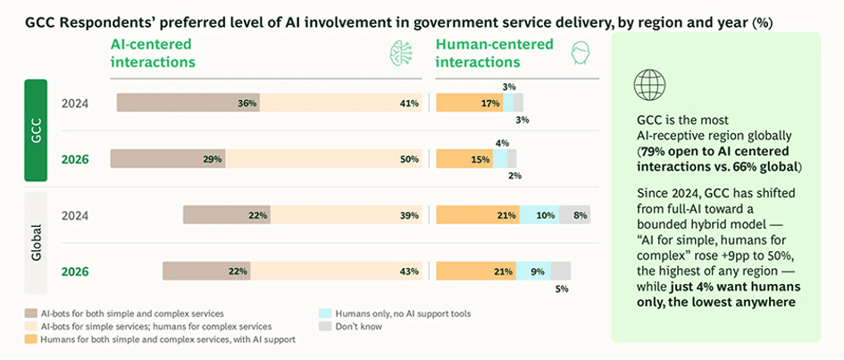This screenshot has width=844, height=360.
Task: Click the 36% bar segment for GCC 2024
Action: click(x=188, y=103)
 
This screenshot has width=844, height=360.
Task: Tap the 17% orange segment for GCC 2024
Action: click(x=470, y=103)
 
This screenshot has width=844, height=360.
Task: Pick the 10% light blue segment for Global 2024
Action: click(x=539, y=214)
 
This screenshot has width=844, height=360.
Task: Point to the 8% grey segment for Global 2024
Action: click(x=575, y=214)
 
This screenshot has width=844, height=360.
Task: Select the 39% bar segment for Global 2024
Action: click(x=346, y=214)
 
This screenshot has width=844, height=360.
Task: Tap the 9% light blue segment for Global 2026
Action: click(x=533, y=272)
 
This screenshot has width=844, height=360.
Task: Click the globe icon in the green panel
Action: click(x=649, y=85)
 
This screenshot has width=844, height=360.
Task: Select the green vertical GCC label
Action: click(x=36, y=130)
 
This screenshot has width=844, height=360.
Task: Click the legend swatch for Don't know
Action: click(x=324, y=326)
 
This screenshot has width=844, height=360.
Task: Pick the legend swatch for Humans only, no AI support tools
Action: click(x=324, y=314)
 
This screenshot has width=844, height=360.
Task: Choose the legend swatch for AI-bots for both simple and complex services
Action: click(x=30, y=314)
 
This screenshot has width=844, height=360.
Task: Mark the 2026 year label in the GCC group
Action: click(x=75, y=159)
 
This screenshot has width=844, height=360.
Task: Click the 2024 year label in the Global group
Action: click(x=75, y=215)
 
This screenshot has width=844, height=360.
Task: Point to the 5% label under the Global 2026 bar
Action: click(x=562, y=289)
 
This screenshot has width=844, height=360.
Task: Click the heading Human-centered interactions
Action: click(x=494, y=53)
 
